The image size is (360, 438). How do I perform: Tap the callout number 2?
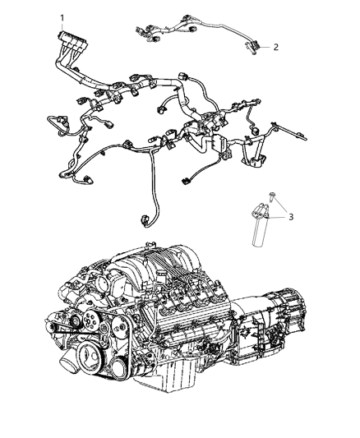pos(275,47)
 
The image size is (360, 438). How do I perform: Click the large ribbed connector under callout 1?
pos(67,41)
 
